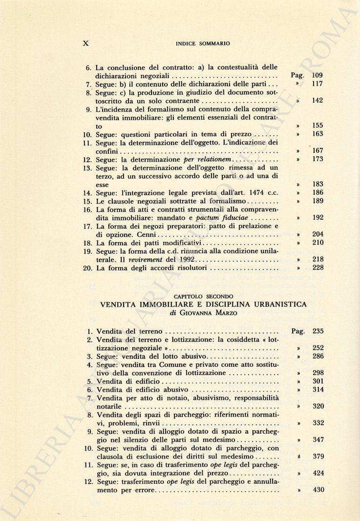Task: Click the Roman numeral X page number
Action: click(86, 43)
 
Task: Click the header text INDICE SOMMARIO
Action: click(202, 43)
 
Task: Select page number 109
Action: click(317, 76)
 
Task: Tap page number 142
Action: click(317, 101)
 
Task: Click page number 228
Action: click(317, 268)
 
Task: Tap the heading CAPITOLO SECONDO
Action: click(203, 296)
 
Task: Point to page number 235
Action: click(318, 331)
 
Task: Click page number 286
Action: click(318, 356)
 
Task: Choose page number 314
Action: click(318, 390)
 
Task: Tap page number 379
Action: click(318, 456)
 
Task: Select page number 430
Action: click(318, 490)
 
